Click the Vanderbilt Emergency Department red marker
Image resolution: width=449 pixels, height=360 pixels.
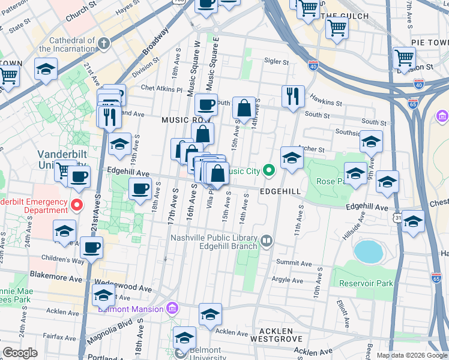coord(76,205)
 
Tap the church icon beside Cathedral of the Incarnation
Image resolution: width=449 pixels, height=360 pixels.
coord(104,43)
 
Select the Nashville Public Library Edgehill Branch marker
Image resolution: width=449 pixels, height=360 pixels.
coord(267,241)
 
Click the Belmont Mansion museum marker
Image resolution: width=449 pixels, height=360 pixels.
coord(172,309)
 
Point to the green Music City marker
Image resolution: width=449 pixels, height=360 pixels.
coord(268,171)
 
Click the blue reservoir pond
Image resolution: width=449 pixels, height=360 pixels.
coord(368,251)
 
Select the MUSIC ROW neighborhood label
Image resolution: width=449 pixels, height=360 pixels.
coord(179,120)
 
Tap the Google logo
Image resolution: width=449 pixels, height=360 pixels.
coord(20,353)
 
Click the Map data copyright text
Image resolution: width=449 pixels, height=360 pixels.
coord(411,355)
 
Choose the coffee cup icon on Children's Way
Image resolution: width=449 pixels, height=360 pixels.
coord(91,247)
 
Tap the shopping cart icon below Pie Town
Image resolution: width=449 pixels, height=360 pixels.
coord(405,58)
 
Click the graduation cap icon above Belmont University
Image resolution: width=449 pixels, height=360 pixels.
coord(184,338)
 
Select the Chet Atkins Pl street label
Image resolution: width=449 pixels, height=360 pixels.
coord(161,89)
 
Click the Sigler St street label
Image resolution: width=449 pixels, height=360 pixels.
coord(277,61)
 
